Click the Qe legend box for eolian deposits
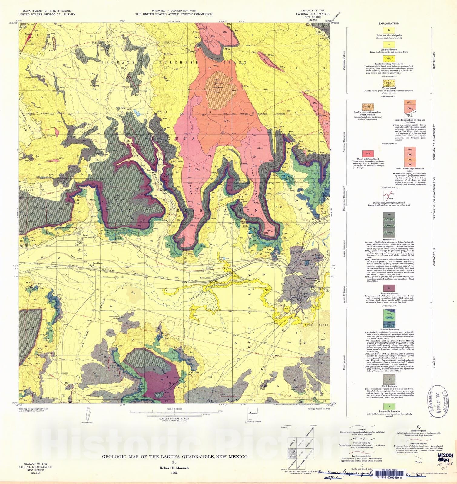tap(389, 30)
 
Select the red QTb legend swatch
tap(368, 154)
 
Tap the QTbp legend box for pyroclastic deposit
tap(368, 107)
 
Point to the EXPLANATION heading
tap(389, 23)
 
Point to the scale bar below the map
tap(174, 412)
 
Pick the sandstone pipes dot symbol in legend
tap(419, 427)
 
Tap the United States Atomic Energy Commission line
tap(174, 14)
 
